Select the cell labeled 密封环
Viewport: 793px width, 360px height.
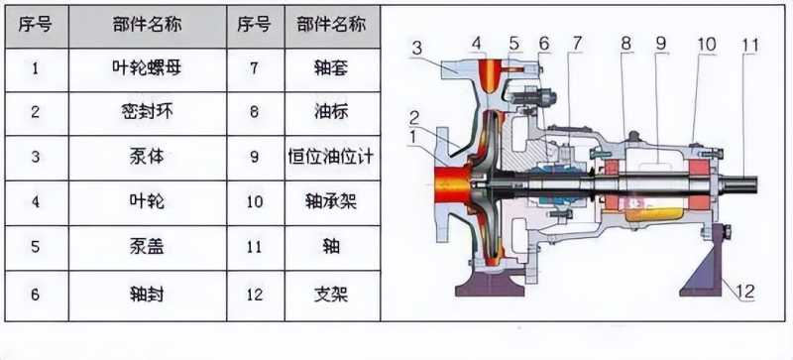coord(147,113)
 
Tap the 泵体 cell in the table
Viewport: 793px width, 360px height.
coord(147,158)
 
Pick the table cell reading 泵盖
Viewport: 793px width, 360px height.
coord(147,248)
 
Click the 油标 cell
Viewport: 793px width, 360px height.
coord(332,113)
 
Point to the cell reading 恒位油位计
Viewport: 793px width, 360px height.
coord(332,158)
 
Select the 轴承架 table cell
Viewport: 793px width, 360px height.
coord(332,202)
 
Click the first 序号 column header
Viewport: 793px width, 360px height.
coord(36,26)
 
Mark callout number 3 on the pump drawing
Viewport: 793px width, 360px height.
coord(416,50)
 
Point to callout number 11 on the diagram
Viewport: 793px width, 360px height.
coord(750,46)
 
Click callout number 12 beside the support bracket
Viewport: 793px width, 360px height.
coord(745,292)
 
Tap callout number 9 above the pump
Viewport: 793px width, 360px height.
coord(661,44)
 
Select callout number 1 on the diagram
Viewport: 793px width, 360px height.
coord(413,137)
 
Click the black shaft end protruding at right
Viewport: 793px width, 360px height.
coord(740,183)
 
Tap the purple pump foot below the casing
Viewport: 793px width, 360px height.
coord(491,285)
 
